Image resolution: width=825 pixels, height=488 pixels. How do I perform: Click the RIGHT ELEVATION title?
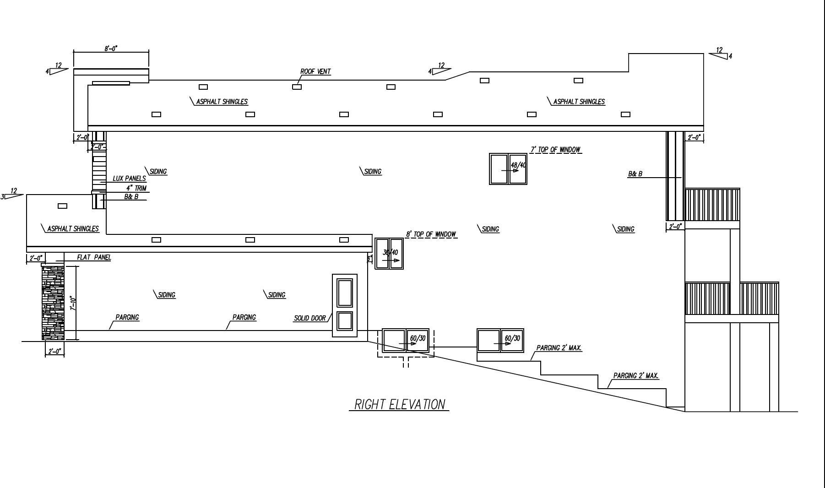click(399, 405)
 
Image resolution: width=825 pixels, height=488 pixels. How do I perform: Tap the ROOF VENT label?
click(315, 71)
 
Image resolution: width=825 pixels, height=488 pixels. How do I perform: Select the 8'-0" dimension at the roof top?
click(111, 48)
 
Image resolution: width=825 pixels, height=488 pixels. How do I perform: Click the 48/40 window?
click(508, 169)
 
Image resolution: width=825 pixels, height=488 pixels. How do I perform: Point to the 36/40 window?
click(389, 253)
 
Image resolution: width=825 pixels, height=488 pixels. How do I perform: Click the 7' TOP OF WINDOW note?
click(555, 150)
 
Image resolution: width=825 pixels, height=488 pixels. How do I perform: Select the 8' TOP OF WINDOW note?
click(431, 234)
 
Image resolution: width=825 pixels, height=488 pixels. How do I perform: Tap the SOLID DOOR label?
click(309, 318)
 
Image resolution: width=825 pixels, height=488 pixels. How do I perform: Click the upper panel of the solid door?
click(345, 293)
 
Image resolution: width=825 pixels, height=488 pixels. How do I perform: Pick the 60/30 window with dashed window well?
click(406, 341)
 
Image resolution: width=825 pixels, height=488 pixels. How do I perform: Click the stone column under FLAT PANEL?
click(53, 303)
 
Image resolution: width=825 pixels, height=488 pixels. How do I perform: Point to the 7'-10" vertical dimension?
click(73, 303)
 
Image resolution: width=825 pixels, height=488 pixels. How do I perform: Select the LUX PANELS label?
click(129, 179)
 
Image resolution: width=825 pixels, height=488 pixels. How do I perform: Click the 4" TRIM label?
click(136, 188)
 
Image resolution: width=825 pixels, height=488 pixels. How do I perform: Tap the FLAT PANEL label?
click(94, 257)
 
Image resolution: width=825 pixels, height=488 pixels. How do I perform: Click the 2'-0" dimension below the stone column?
click(54, 351)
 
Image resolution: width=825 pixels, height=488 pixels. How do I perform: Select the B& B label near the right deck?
click(635, 174)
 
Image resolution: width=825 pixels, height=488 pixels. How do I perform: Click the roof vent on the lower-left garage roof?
click(62, 206)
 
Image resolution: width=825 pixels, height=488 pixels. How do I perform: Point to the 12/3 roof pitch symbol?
click(12, 194)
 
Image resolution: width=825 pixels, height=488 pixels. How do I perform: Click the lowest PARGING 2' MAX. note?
click(636, 376)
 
